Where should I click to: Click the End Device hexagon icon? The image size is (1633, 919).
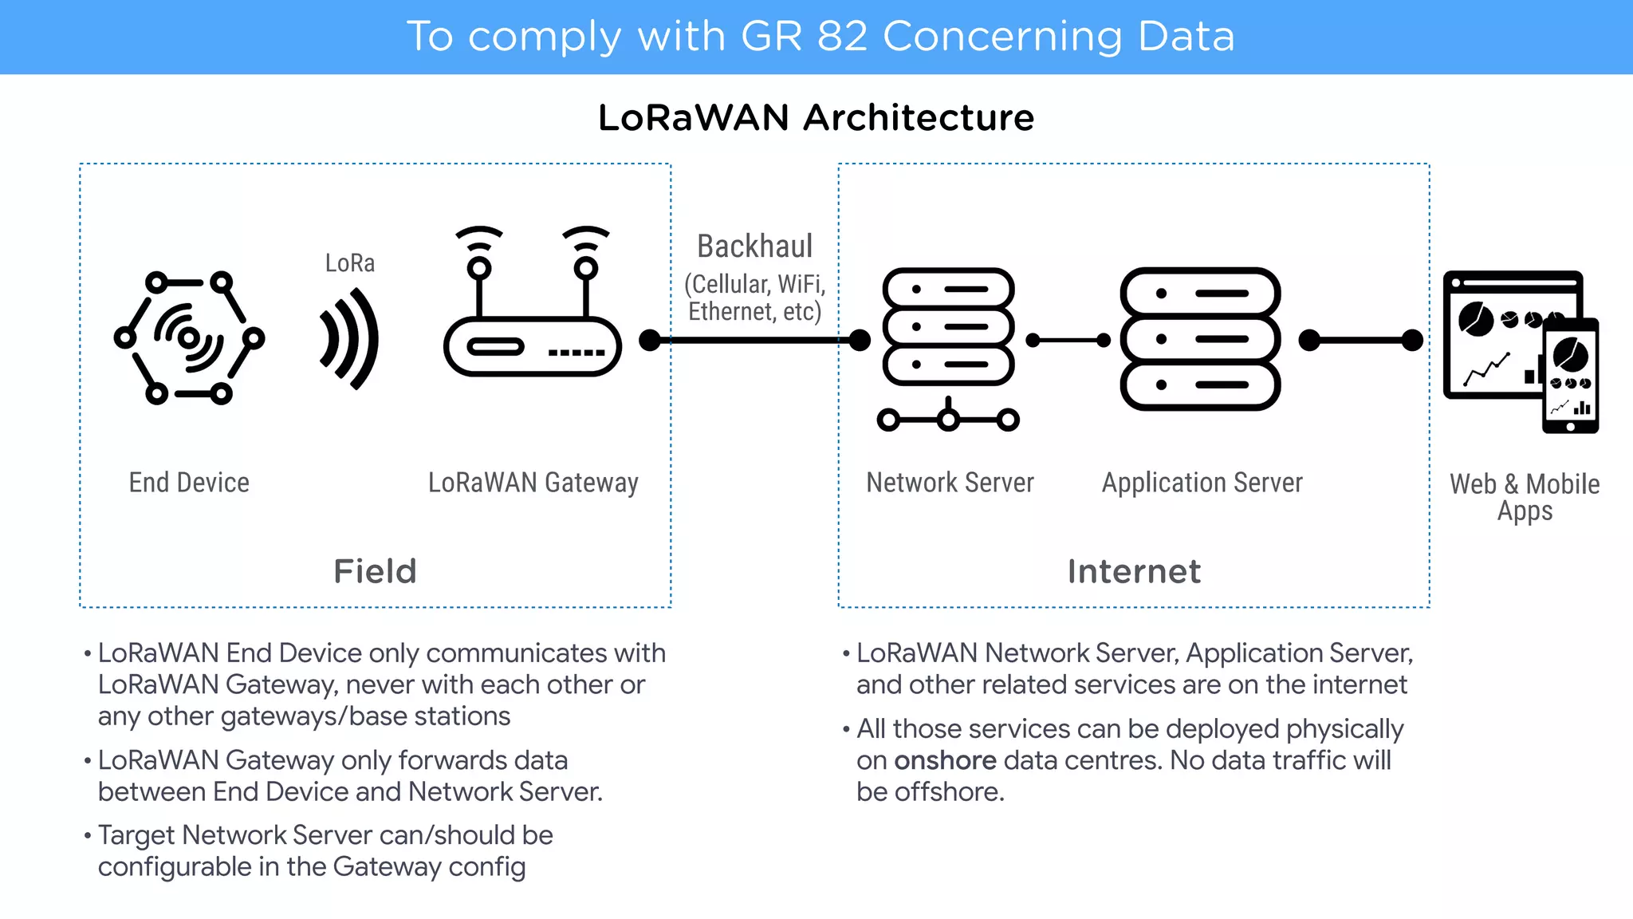tap(189, 338)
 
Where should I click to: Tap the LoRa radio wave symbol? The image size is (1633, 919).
tap(349, 339)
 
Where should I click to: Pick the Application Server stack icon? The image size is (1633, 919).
tap(1200, 339)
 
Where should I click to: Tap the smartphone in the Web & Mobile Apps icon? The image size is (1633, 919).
tap(1570, 375)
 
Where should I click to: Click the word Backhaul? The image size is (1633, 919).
tap(754, 247)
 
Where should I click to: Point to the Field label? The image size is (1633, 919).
tap(375, 571)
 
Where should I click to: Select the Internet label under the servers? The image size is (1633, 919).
tap(1133, 571)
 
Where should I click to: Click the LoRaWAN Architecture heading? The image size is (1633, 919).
tap(816, 118)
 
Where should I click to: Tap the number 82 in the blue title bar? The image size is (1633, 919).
tap(842, 37)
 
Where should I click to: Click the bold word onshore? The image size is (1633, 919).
tap(945, 760)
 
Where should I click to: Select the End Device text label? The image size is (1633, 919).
tap(189, 483)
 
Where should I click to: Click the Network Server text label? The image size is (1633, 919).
tap(950, 483)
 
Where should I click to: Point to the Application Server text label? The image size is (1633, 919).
tap(1202, 483)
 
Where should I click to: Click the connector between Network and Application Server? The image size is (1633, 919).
tap(1068, 341)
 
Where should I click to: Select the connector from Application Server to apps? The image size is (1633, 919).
tap(1361, 341)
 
